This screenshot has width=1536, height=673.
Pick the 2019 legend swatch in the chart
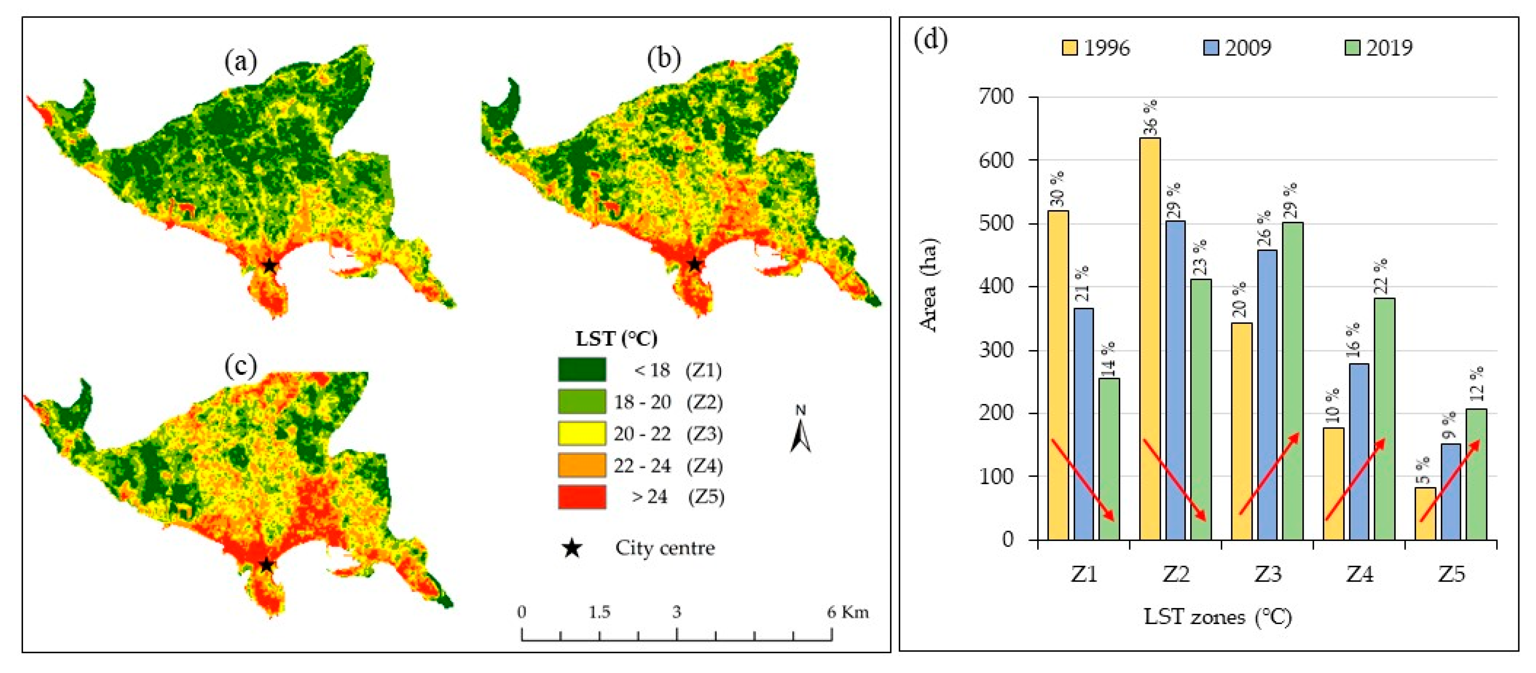[x=1352, y=47]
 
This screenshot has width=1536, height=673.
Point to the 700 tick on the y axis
[x=996, y=96]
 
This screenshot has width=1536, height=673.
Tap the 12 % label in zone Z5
[x=1476, y=384]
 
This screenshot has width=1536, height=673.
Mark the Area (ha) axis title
[x=929, y=285]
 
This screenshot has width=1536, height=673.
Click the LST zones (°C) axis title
[x=1217, y=616]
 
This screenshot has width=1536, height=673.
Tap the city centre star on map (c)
[x=266, y=564]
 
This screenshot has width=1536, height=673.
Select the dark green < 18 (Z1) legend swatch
[x=582, y=369]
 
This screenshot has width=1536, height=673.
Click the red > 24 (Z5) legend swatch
[x=582, y=497]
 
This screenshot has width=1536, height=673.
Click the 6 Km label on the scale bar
[x=847, y=612]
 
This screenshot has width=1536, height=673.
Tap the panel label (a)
[x=241, y=61]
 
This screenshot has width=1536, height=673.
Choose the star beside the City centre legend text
[x=572, y=548]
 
